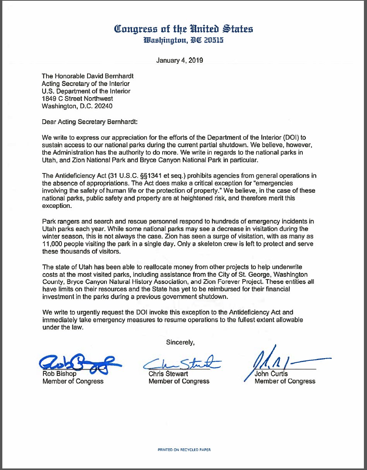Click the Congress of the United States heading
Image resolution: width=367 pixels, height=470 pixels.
(183, 29)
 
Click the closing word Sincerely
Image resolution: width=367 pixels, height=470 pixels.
(180, 342)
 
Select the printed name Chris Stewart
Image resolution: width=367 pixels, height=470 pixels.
(169, 374)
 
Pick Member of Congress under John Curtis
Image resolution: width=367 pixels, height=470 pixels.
(285, 381)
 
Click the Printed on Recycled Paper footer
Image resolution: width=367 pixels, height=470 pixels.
(184, 450)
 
